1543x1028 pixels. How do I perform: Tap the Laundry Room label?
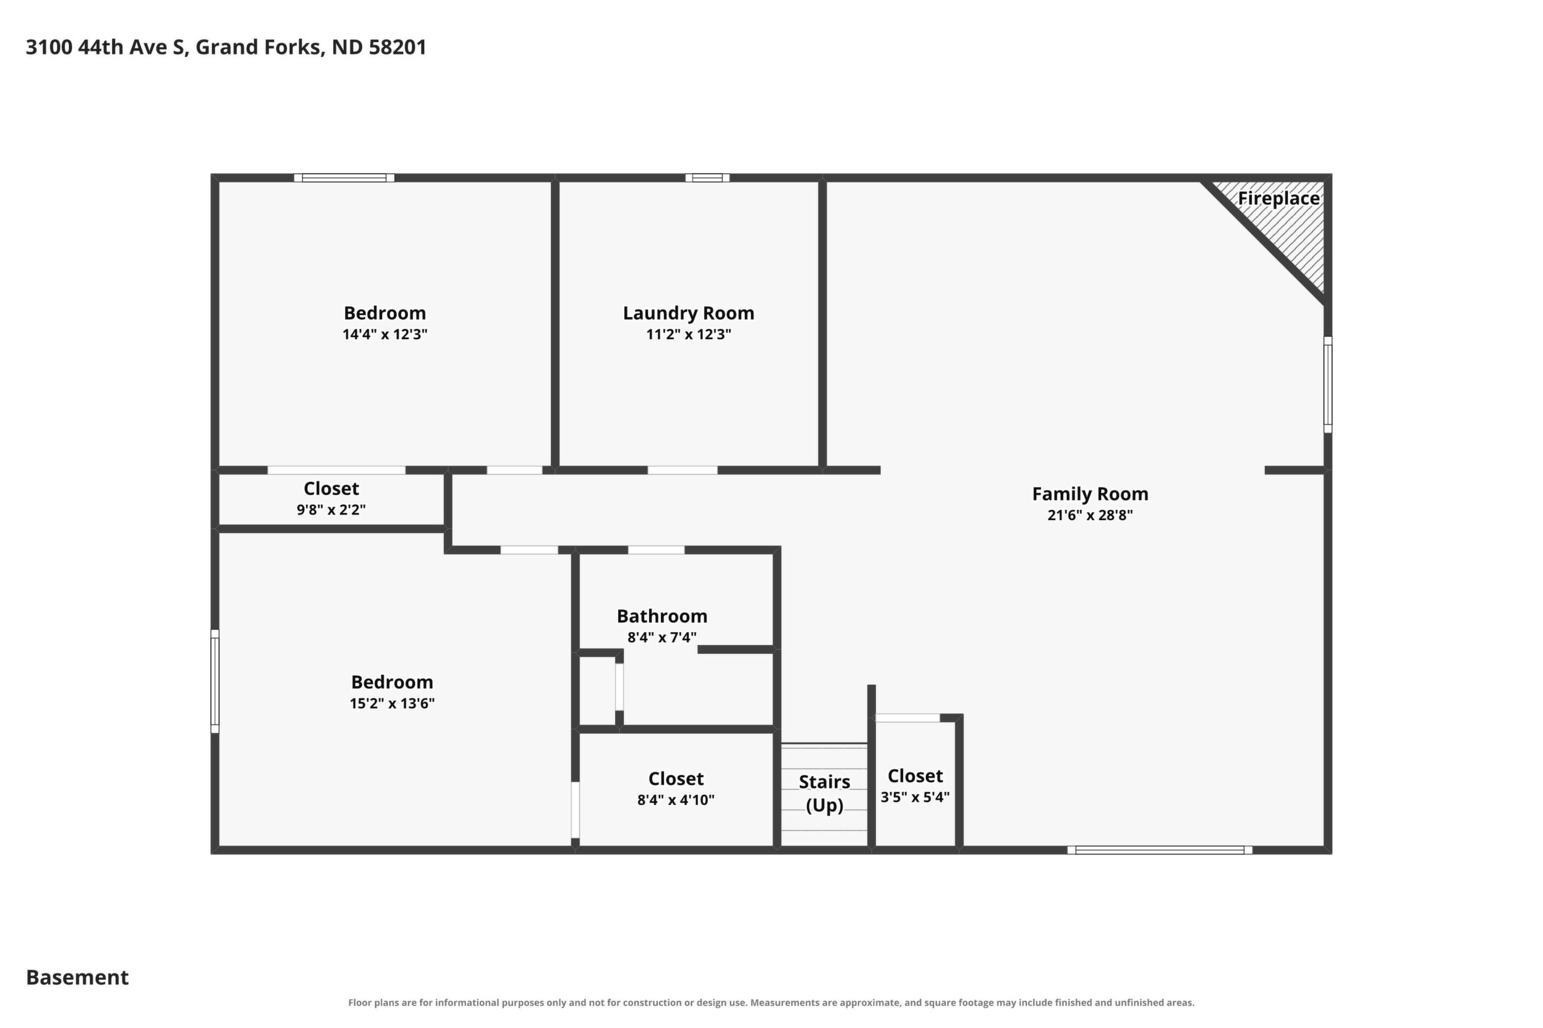688,313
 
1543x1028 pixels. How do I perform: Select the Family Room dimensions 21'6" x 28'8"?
1090,515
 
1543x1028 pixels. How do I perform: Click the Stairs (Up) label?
824,793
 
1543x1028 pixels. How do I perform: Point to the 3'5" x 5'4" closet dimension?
914,797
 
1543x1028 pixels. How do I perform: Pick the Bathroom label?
662,617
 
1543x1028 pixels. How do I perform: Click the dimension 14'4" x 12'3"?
385,334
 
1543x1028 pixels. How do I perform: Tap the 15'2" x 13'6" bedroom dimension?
392,704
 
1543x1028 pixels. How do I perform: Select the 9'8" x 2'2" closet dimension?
331,510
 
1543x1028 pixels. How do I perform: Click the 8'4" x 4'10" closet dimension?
676,800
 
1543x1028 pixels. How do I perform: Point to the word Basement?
77,977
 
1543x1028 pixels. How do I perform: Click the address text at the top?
226,47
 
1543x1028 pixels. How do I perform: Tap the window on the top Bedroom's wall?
344,178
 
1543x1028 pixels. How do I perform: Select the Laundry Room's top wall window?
707,178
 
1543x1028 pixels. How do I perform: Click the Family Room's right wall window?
1328,385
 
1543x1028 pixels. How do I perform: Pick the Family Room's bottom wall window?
1159,850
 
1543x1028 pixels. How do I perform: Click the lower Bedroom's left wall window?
215,681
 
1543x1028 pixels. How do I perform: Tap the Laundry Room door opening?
682,470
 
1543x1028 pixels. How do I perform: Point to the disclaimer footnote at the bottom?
771,1003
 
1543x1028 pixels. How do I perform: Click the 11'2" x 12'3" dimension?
688,334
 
